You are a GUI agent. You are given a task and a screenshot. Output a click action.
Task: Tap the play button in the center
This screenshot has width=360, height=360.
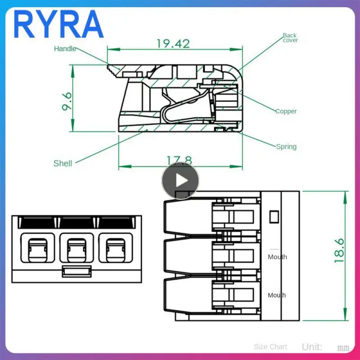point(180,180)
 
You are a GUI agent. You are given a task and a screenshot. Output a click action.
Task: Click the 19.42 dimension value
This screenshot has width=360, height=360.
point(173,44)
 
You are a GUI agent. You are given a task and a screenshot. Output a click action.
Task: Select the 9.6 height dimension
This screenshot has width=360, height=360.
point(67,102)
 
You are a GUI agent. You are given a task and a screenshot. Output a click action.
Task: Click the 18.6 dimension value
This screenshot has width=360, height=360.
point(339,251)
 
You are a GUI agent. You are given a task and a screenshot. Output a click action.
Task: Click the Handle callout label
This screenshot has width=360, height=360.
point(65,49)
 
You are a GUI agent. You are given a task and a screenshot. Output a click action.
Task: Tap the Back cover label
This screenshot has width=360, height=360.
point(290,38)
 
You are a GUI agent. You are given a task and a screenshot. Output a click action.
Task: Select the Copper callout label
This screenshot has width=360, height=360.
point(286,111)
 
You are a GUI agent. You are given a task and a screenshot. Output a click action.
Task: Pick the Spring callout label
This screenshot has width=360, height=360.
point(286,147)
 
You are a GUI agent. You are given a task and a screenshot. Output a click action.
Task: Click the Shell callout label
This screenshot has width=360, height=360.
point(63,163)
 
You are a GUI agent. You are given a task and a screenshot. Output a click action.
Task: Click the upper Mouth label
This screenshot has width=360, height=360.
point(277,257)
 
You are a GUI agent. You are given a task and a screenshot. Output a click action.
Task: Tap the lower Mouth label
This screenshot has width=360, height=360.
point(277,295)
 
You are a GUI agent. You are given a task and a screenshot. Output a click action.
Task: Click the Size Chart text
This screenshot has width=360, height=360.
point(270,346)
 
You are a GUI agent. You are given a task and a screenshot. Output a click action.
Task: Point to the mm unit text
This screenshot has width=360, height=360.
point(343,348)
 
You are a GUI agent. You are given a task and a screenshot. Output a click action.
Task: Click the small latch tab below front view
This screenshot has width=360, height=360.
point(76,271)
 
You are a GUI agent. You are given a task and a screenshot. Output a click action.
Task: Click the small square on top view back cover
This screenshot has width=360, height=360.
point(273,216)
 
